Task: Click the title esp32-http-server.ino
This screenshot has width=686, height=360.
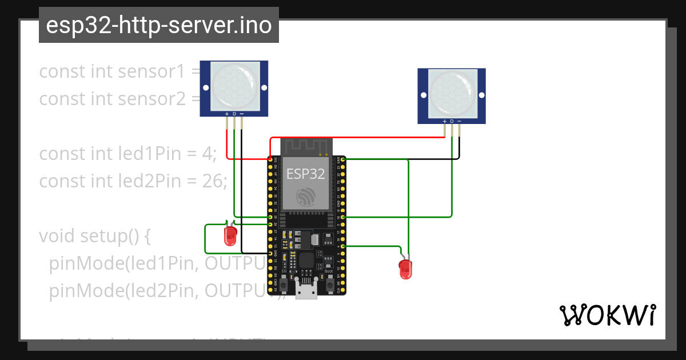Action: click(x=159, y=26)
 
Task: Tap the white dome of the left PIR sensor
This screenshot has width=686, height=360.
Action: click(x=234, y=86)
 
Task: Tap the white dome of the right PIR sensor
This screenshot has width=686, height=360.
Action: click(x=452, y=94)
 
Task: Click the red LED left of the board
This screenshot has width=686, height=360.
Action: click(x=230, y=235)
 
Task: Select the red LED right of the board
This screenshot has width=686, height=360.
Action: click(x=405, y=269)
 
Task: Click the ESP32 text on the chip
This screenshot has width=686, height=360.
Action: click(x=306, y=174)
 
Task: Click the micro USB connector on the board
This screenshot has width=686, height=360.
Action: click(x=306, y=290)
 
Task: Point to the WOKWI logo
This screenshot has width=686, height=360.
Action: click(x=607, y=315)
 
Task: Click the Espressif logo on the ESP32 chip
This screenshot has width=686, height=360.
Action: click(x=306, y=197)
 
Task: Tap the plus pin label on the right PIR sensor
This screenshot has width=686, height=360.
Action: click(x=445, y=121)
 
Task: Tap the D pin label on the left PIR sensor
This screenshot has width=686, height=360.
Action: click(x=234, y=114)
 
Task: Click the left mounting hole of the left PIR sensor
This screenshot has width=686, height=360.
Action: click(x=206, y=87)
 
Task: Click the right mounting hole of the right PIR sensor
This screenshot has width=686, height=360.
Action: click(x=480, y=95)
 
